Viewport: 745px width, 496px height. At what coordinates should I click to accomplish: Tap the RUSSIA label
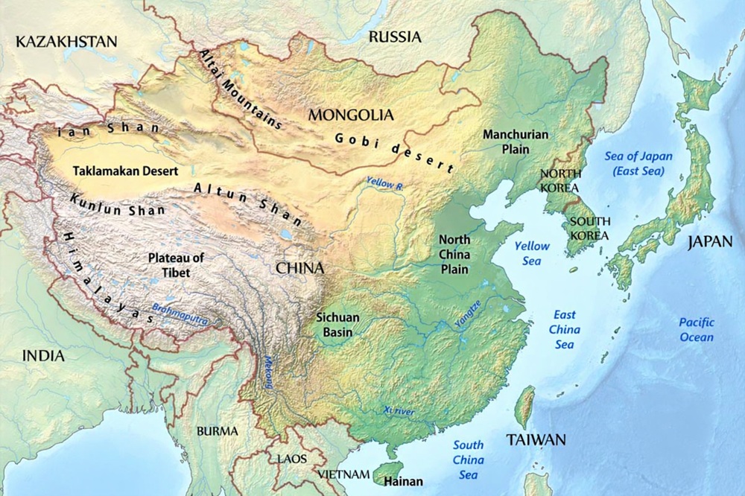pos(395,36)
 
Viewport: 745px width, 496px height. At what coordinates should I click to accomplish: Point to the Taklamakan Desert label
pos(125,171)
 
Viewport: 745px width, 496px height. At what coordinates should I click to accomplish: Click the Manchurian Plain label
pos(516,142)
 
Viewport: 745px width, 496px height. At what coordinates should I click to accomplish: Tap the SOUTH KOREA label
pos(589,228)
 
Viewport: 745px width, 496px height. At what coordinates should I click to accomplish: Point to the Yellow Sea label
pos(533,252)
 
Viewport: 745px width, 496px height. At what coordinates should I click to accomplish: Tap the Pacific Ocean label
pos(697,329)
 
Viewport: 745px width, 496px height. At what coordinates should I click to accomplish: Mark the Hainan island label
pos(405,481)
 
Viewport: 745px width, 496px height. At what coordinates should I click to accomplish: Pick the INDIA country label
pos(43,356)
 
